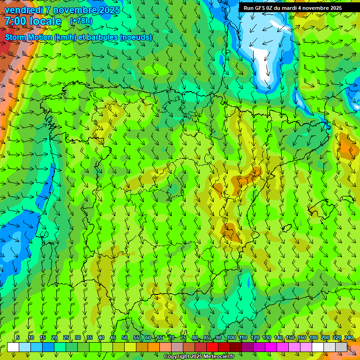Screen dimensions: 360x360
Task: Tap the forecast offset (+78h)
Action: (81, 21)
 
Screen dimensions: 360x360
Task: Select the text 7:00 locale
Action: (33, 21)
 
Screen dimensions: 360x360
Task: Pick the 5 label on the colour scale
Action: (18, 338)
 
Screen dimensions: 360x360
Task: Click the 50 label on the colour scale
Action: (125, 338)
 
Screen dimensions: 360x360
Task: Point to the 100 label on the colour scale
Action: (231, 338)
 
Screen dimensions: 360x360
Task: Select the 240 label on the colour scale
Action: (349, 338)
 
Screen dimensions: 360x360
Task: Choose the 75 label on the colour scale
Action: (183, 338)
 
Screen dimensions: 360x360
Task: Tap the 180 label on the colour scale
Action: (313, 338)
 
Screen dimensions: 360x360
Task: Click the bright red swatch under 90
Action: (212, 347)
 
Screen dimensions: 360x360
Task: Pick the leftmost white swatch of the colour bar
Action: (13, 347)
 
